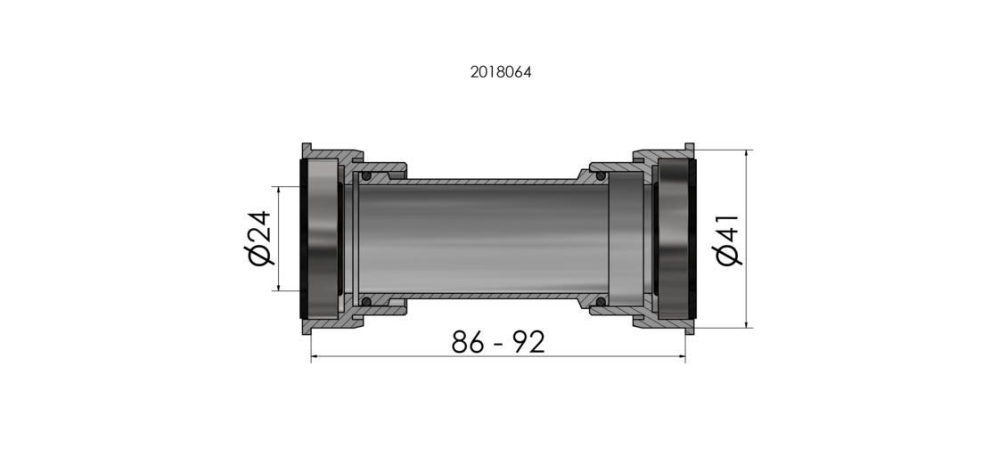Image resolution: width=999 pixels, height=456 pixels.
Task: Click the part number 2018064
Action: [x=501, y=72]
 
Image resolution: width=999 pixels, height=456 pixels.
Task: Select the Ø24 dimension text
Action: [x=259, y=238]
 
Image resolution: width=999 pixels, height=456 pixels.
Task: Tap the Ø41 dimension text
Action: [x=728, y=239]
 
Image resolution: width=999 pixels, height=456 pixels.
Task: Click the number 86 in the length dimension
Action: [x=469, y=342]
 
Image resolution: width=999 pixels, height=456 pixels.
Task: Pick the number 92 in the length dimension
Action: [x=527, y=342]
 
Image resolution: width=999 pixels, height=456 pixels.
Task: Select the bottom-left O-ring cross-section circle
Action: [x=364, y=301]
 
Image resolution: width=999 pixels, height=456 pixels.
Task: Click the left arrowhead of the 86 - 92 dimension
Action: [x=315, y=358]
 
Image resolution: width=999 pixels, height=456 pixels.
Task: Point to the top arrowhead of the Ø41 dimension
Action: [x=746, y=154]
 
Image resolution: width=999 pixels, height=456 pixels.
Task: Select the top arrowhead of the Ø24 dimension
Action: [x=279, y=191]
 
